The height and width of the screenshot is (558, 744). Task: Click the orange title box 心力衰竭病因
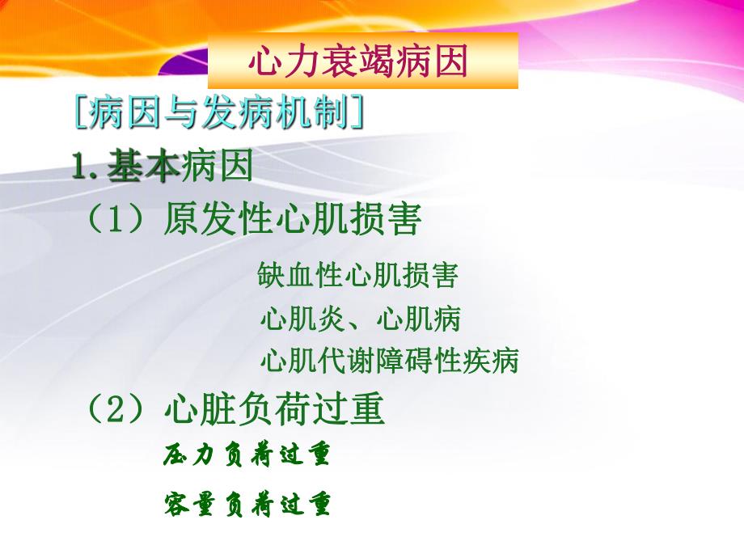(x=362, y=61)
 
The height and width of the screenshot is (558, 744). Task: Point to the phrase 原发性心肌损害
(x=292, y=218)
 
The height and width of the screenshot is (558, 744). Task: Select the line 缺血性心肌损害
(x=358, y=275)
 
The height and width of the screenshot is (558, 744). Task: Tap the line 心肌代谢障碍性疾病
(x=389, y=360)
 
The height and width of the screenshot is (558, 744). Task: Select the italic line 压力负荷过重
(x=247, y=455)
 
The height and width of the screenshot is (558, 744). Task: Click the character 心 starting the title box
(x=264, y=61)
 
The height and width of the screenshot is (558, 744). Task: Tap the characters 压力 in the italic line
(x=191, y=455)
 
